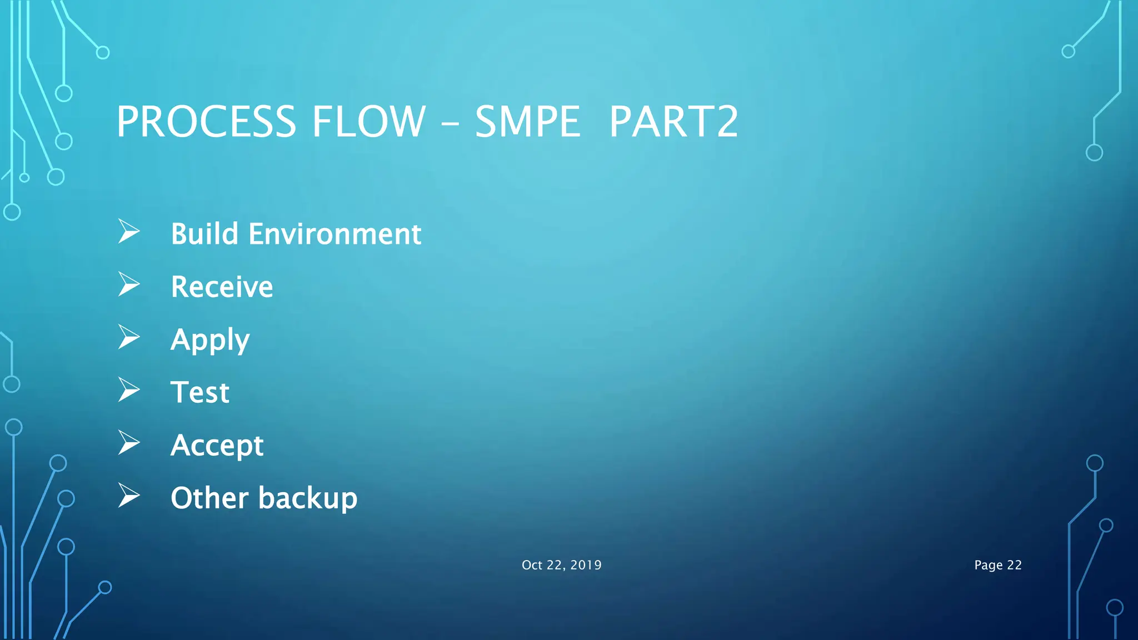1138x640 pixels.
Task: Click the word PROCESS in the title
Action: pos(206,122)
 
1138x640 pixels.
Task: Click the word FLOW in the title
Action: pos(368,122)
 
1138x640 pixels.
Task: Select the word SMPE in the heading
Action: pos(527,122)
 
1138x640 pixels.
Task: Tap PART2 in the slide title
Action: pos(673,122)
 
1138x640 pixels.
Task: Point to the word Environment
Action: pos(335,234)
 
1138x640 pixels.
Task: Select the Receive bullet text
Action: pos(222,287)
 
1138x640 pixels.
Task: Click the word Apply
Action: pos(210,340)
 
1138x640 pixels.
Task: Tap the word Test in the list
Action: pos(199,392)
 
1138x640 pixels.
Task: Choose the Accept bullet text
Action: pos(217,446)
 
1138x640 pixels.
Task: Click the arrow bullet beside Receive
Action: pos(128,284)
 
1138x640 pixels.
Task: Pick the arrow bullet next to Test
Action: pos(128,390)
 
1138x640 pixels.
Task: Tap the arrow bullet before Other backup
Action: pos(128,496)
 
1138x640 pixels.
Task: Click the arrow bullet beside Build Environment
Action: pos(128,232)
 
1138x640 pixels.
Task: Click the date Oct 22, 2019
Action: pos(561,565)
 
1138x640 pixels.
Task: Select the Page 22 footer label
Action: pos(997,565)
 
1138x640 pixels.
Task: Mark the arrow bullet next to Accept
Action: pos(128,443)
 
